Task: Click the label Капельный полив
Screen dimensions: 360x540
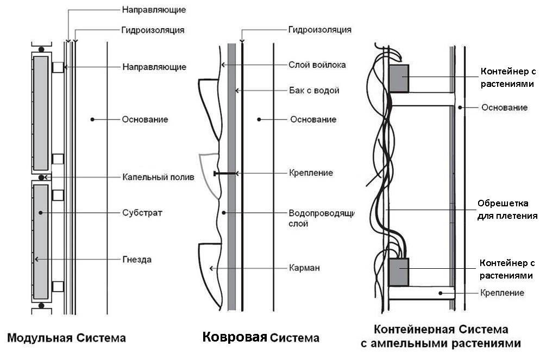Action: point(158,177)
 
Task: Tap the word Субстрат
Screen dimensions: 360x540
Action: point(142,212)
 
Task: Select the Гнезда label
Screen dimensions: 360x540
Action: point(137,260)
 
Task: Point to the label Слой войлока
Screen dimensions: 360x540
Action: point(317,65)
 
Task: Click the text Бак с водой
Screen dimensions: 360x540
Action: point(314,90)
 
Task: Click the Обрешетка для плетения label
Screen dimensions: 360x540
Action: point(507,210)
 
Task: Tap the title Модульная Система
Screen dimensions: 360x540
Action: point(66,338)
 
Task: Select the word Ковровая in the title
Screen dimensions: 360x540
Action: point(235,337)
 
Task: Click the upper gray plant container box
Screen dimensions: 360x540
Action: point(399,78)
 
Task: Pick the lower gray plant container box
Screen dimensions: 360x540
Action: point(399,272)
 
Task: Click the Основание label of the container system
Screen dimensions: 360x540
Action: point(504,108)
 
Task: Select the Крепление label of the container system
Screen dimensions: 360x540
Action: point(502,293)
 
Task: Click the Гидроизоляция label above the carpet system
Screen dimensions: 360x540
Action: point(319,29)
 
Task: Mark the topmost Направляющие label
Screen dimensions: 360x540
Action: point(154,10)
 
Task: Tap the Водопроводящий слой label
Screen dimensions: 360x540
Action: point(321,217)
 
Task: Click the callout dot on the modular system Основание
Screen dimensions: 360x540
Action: point(92,119)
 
